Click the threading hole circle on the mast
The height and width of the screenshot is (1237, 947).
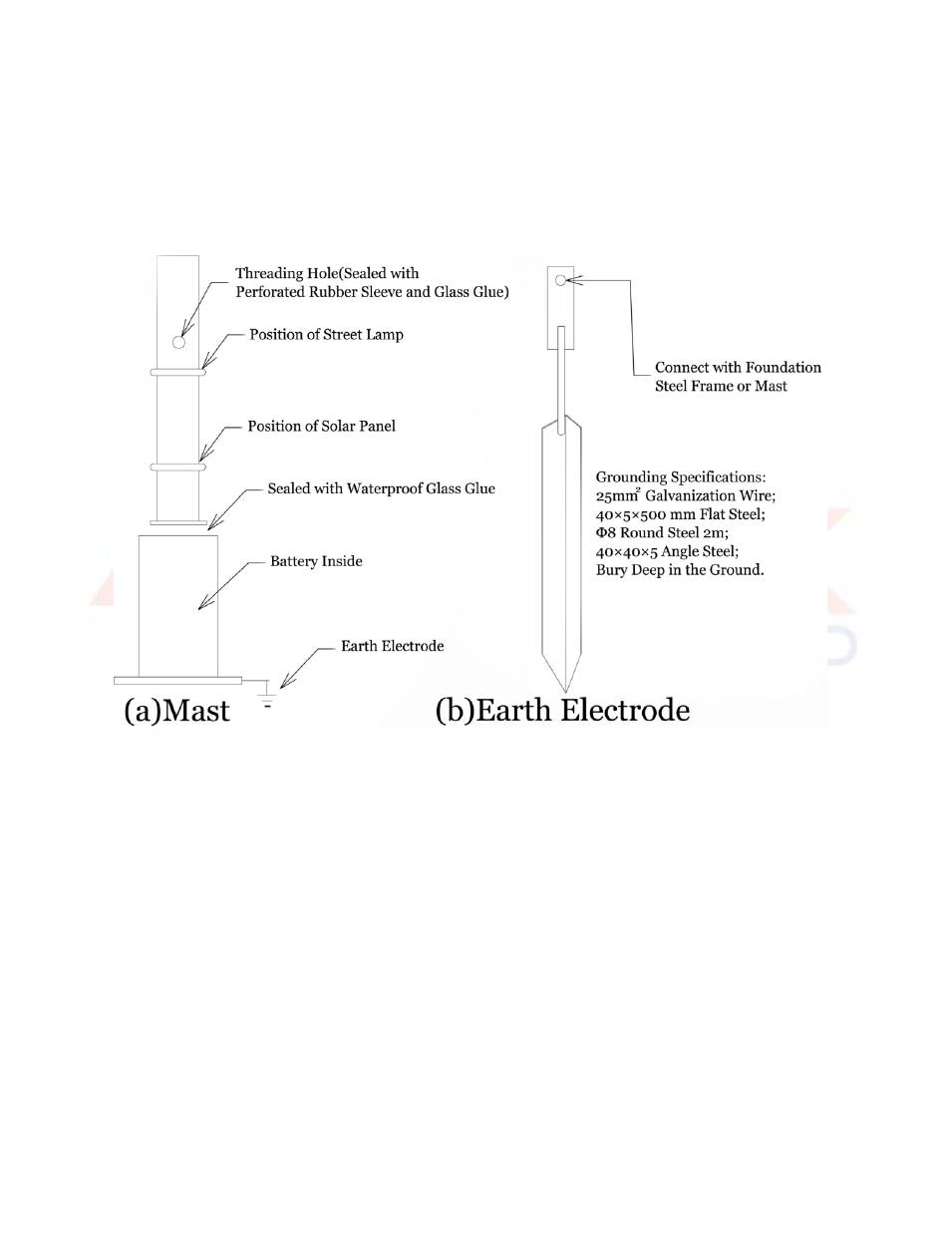178,342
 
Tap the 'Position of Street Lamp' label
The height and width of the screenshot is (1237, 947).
326,334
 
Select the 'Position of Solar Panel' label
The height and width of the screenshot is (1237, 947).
321,426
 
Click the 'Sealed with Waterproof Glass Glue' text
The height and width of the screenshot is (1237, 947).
381,488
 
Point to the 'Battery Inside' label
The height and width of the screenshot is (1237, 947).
316,561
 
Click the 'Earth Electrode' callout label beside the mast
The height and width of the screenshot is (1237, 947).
392,646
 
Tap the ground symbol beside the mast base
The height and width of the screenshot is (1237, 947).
267,699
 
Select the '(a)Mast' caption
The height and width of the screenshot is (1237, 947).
177,711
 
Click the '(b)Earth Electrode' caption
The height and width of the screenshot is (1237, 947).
562,711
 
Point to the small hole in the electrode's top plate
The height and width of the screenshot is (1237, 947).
560,280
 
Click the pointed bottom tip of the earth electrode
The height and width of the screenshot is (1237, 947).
565,692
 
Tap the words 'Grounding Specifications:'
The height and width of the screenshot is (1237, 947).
681,477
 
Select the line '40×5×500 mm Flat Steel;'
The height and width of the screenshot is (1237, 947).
680,514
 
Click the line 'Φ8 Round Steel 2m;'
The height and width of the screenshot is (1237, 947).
662,533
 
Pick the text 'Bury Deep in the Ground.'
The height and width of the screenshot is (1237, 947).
680,570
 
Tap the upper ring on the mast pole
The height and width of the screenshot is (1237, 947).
178,372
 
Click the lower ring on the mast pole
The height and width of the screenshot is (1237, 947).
178,467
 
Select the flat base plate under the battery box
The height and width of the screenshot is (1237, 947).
177,681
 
